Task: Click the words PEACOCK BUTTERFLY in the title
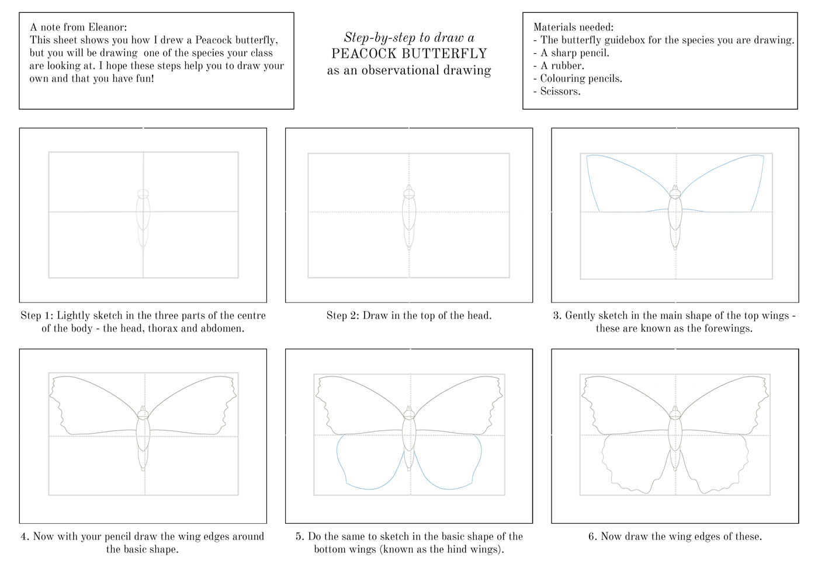pyautogui.click(x=409, y=54)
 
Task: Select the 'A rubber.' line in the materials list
pyautogui.click(x=558, y=66)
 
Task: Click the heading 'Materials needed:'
pyautogui.click(x=573, y=27)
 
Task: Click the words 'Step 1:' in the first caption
pyautogui.click(x=37, y=316)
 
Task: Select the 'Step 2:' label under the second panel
pyautogui.click(x=343, y=316)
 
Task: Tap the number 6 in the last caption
pyautogui.click(x=592, y=537)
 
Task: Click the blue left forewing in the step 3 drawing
pyautogui.click(x=619, y=181)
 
